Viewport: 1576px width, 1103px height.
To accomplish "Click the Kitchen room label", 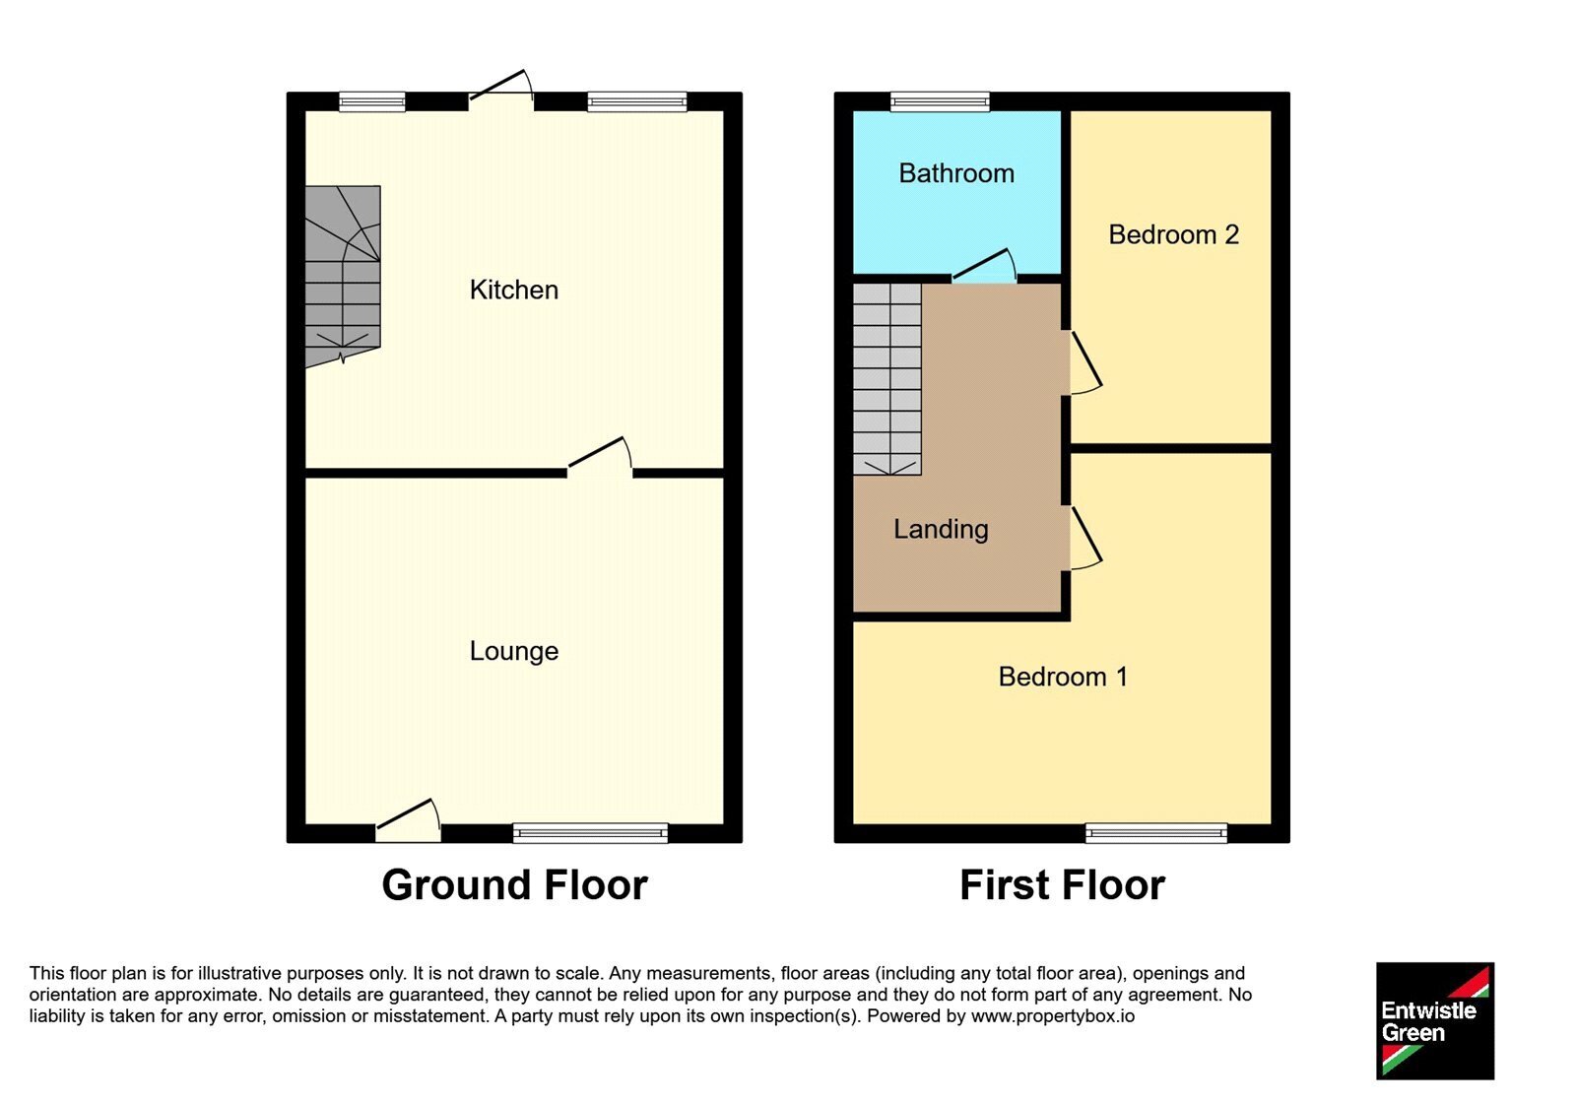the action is point(513,290).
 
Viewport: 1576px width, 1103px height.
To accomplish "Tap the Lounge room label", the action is point(513,651).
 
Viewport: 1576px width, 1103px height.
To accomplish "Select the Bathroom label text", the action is point(956,173).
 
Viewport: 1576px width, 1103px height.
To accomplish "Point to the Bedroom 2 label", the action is point(1173,235).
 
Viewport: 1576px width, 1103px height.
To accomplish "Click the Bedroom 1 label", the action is point(1063,677).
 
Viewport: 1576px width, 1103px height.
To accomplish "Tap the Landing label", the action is point(941,529).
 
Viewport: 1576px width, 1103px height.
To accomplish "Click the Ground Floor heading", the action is point(514,885).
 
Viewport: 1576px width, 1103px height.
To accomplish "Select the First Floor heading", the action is point(1063,885).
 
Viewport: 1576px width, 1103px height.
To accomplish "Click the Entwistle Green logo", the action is point(1435,1020).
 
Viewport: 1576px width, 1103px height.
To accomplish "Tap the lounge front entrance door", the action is point(408,821).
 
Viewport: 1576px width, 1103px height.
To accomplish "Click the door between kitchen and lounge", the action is point(600,457).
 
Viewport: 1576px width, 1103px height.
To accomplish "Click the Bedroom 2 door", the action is point(1085,362).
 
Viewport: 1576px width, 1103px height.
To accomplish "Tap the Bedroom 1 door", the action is point(1085,538).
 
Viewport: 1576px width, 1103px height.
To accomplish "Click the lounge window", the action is point(590,833).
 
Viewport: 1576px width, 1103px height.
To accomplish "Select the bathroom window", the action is point(940,102).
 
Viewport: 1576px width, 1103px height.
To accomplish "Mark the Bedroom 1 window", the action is point(1156,833).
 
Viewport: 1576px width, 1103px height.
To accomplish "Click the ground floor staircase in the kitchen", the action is point(343,276).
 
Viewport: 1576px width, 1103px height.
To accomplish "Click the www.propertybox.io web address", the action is point(1053,1016).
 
